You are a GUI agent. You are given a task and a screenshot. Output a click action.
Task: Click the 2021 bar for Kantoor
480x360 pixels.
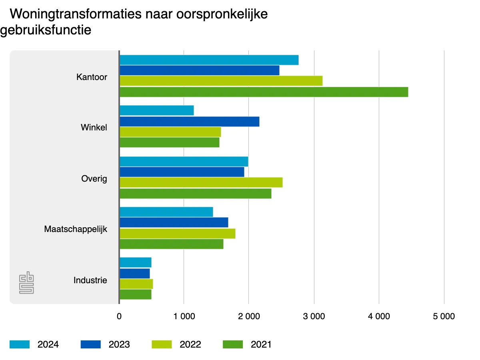coord(264,92)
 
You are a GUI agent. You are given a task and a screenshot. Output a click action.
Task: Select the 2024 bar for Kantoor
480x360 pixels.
coord(209,60)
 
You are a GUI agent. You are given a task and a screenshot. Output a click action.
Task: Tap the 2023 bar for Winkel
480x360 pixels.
coord(190,121)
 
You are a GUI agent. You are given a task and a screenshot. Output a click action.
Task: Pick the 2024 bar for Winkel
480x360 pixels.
coord(157,110)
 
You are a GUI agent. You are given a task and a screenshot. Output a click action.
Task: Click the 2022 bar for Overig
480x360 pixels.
coord(201,182)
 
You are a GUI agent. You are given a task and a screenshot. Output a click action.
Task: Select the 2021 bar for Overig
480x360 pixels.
coord(196,194)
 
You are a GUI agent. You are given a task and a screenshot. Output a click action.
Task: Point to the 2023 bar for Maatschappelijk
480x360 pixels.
coord(174,222)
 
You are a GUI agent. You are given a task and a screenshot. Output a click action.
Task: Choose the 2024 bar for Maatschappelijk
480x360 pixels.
coord(166,212)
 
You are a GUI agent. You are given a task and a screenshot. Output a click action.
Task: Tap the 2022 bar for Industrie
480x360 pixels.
coord(136,284)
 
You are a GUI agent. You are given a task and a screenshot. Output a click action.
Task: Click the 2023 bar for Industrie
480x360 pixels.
coord(135,274)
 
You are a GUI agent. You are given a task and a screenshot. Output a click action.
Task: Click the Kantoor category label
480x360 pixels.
coord(92,77)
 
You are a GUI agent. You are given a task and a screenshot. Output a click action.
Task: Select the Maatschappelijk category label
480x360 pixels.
coord(76,230)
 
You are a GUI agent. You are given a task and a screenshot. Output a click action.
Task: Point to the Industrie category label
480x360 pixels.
coord(90,280)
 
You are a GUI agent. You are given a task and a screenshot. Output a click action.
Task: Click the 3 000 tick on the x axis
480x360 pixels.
coord(314,316)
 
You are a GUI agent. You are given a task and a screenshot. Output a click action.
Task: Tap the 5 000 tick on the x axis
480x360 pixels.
coord(444,316)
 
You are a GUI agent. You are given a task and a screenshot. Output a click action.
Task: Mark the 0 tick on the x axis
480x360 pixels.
coord(119,316)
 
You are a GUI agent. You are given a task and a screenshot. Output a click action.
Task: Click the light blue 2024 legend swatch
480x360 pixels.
coord(20,344)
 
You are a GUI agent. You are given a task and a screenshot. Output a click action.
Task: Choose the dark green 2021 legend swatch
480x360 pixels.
coord(233,344)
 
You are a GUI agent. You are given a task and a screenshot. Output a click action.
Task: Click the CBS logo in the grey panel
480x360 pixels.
coord(27,283)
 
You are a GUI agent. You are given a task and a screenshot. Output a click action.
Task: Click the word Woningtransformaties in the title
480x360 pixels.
coord(76,14)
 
